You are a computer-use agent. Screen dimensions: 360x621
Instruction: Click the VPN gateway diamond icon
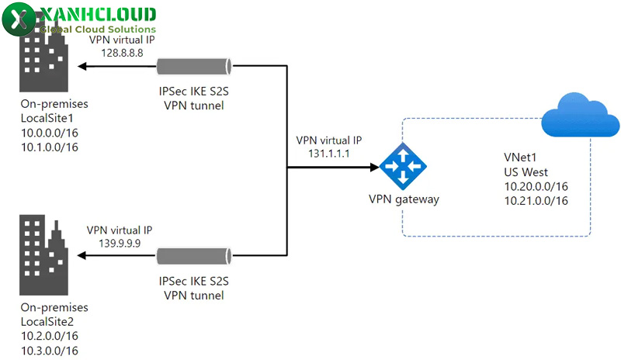tap(403, 166)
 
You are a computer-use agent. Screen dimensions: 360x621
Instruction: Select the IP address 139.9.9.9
tap(119, 243)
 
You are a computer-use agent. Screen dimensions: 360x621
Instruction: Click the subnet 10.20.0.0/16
tap(536, 186)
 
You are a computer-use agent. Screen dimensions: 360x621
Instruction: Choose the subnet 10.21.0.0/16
tap(536, 201)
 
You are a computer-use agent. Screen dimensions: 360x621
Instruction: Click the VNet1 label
tap(519, 157)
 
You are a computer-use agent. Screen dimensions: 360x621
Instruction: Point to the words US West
tap(525, 171)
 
